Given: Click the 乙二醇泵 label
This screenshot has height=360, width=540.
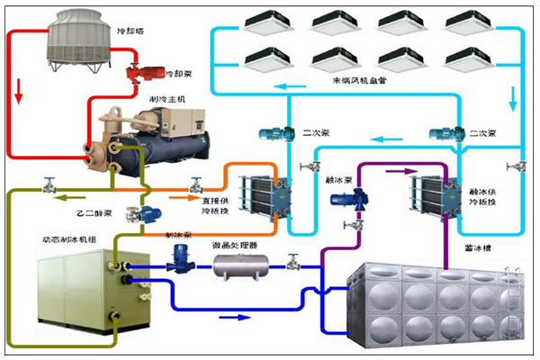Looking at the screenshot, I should (93, 216).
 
